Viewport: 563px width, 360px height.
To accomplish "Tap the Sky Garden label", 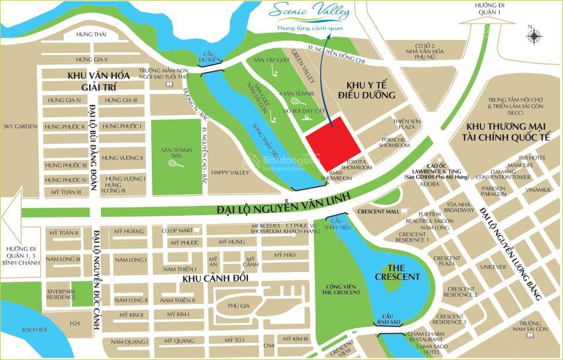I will click(20, 126).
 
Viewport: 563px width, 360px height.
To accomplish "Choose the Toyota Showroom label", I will click(359, 164).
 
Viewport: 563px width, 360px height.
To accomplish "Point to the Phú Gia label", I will click(235, 305).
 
